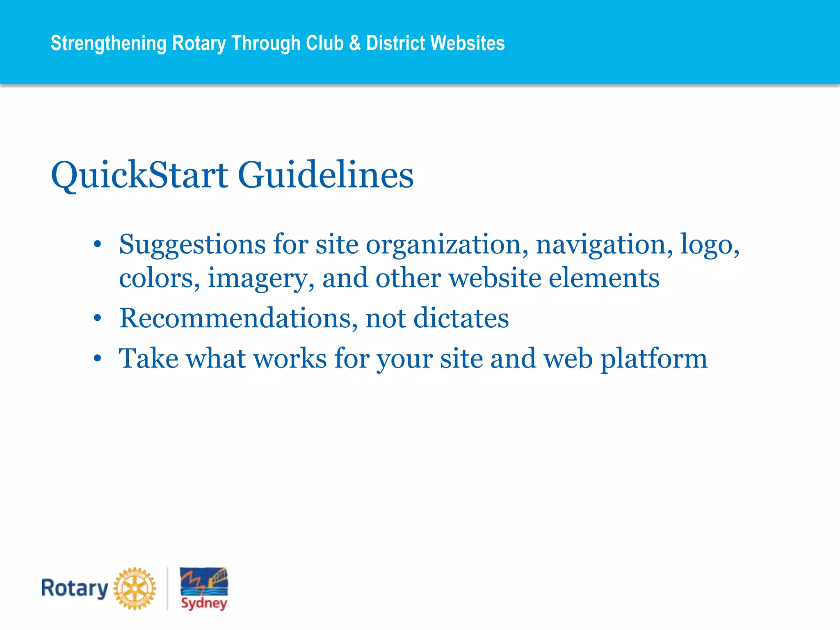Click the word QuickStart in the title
point(139,176)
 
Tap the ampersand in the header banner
point(355,43)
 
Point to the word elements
point(604,278)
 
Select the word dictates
point(461,319)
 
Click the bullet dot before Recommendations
point(97,318)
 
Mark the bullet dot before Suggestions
point(97,245)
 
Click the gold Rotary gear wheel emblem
point(135,589)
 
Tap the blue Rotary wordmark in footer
point(74,589)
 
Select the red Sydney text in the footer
point(204,603)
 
